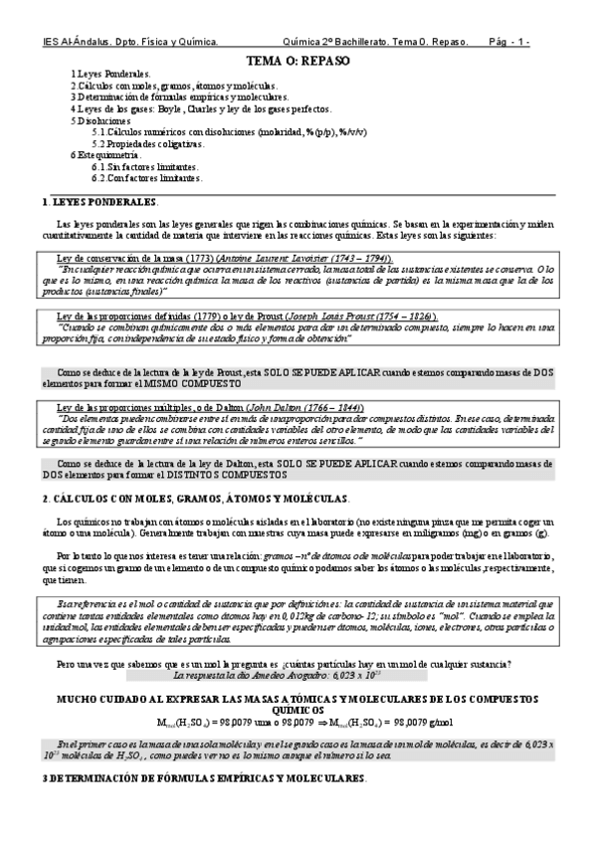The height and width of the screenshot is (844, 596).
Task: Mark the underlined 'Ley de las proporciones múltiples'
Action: click(x=129, y=408)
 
